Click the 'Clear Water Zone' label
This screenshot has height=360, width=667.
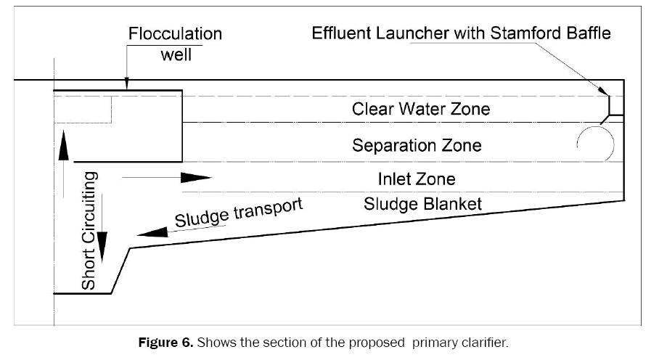point(421,109)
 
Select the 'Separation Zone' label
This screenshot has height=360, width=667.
point(417,145)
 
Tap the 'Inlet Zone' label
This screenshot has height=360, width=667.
point(417,179)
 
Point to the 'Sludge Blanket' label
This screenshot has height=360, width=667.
point(423,203)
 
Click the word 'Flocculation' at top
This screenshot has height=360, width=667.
point(175,33)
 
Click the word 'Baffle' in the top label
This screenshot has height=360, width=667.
point(588,33)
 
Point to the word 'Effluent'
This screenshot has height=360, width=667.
point(341,33)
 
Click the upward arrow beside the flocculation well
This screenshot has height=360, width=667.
point(64,145)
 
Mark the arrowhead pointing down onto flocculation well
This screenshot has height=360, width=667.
point(126,84)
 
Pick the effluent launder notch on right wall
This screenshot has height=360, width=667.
point(613,107)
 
